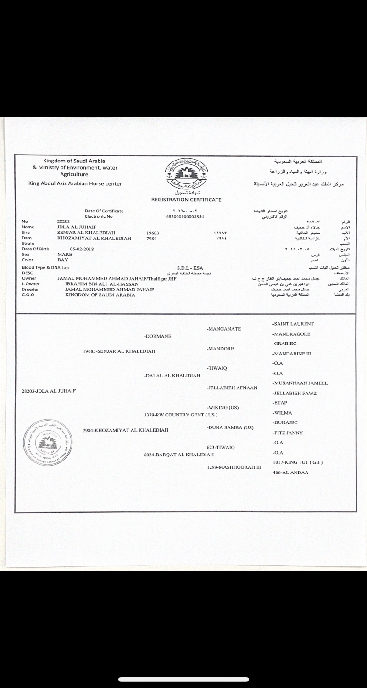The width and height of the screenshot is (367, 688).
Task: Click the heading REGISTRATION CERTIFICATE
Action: pos(186,200)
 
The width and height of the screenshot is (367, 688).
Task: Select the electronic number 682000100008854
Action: pos(186,216)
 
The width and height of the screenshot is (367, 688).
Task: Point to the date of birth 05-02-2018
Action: pos(85,249)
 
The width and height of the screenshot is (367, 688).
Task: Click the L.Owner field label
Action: pos(30,284)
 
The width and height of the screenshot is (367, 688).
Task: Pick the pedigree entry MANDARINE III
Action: pos(292,354)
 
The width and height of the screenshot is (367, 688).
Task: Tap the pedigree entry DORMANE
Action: pos(158,336)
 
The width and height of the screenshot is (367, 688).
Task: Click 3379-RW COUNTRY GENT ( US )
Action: pos(181,415)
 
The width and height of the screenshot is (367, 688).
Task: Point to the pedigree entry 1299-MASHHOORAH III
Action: pos(234,467)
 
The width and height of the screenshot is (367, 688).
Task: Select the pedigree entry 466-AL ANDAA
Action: pos(290,472)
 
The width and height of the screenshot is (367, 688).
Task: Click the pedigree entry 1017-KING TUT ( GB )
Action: pos(298,462)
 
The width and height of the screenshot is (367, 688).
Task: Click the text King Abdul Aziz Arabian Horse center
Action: pos(75,184)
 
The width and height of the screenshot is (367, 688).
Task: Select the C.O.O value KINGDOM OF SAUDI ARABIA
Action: pos(94,295)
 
